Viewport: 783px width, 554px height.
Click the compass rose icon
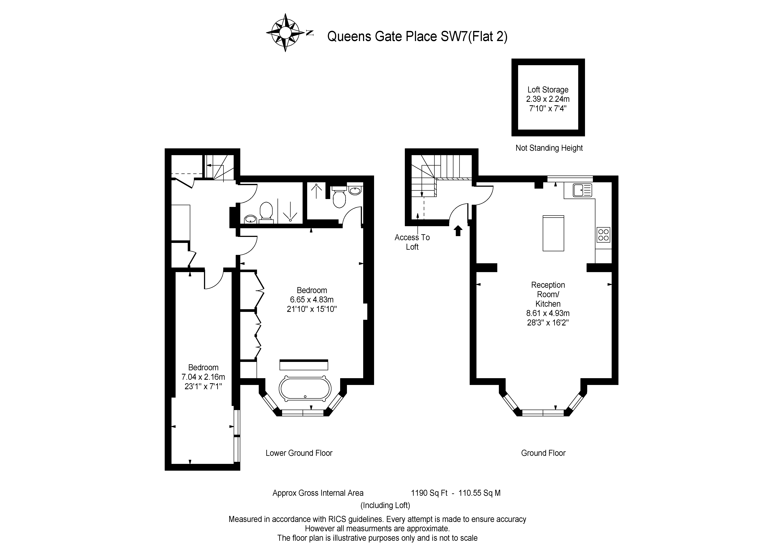(x=285, y=33)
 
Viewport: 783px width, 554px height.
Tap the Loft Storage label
(x=548, y=90)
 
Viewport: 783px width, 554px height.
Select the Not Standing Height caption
(x=549, y=148)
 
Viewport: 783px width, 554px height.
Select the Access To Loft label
(x=412, y=242)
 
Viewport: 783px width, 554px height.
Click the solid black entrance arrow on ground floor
(x=458, y=231)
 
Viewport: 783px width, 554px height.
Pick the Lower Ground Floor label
(x=299, y=453)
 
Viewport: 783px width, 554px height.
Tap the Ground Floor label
(x=543, y=453)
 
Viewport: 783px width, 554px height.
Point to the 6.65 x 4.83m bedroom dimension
(x=311, y=300)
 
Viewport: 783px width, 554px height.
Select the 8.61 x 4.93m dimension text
(x=548, y=313)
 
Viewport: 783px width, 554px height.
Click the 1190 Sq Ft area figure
(x=429, y=493)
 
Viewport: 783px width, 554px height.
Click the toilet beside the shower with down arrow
(x=266, y=211)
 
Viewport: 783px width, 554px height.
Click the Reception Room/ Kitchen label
(x=548, y=294)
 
